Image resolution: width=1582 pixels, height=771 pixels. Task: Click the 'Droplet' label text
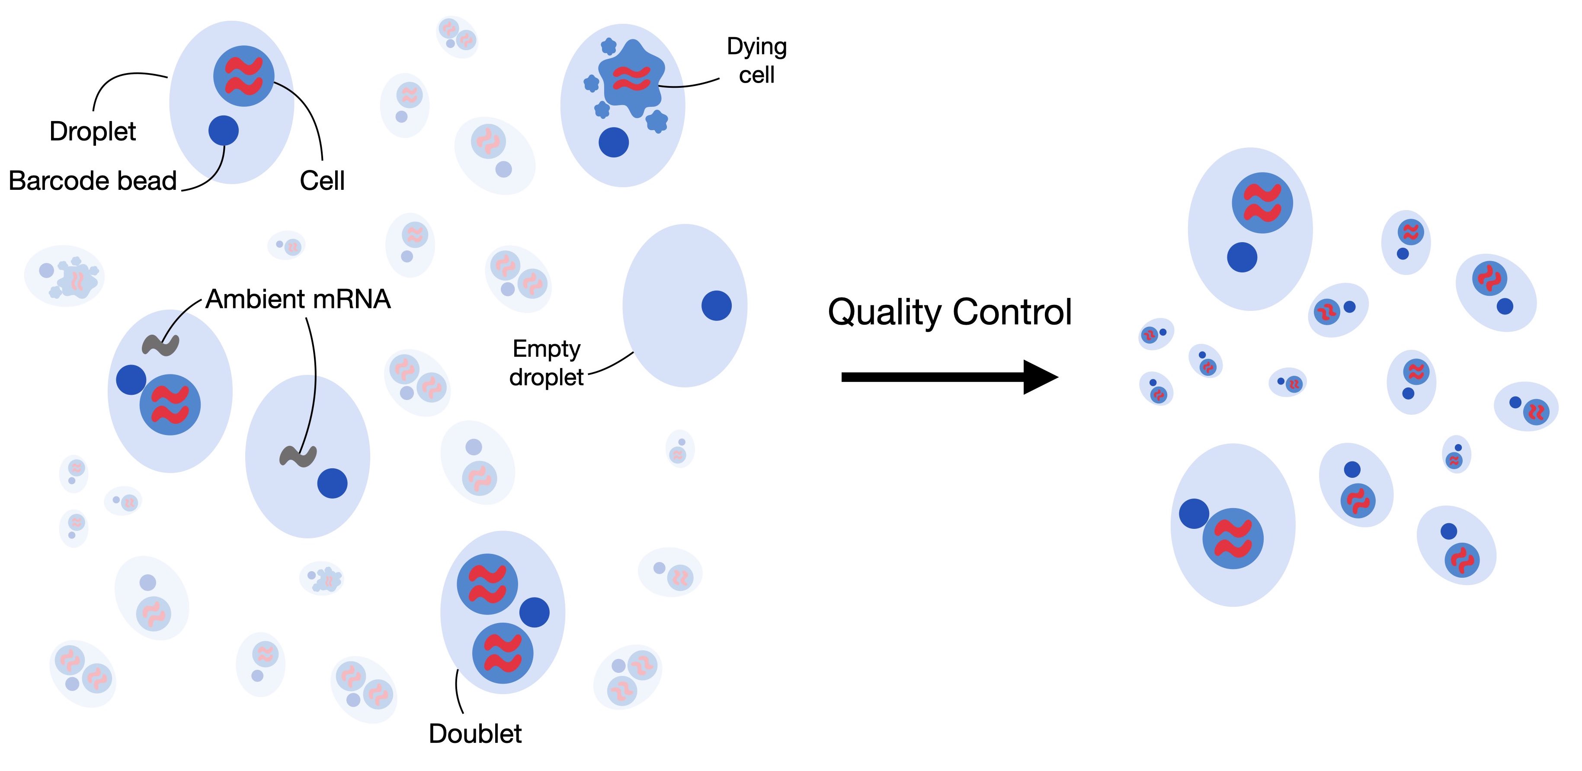pyautogui.click(x=93, y=131)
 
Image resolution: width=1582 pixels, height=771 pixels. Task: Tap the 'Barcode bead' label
pyautogui.click(x=93, y=181)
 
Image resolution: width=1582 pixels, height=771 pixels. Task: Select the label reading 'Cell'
pyautogui.click(x=322, y=181)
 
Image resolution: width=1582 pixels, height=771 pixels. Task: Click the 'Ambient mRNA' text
pyautogui.click(x=298, y=300)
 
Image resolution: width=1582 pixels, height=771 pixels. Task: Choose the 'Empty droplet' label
pyautogui.click(x=546, y=363)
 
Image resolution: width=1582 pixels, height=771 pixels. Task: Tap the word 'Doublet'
pyautogui.click(x=475, y=733)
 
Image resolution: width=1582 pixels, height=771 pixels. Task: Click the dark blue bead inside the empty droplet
pyautogui.click(x=716, y=305)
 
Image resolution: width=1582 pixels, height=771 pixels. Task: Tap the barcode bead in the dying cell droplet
pyautogui.click(x=614, y=142)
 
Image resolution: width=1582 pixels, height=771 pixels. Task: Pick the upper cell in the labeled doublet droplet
pyautogui.click(x=487, y=584)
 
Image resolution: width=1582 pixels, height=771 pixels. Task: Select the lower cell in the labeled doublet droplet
pyautogui.click(x=503, y=653)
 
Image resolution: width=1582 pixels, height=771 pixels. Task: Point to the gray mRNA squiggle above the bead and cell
pyautogui.click(x=160, y=345)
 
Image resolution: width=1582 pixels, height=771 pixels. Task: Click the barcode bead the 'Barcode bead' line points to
pyautogui.click(x=224, y=130)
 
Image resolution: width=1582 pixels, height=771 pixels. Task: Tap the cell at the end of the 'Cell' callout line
pyautogui.click(x=244, y=76)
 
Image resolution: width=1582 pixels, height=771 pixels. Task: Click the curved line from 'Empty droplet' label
pyautogui.click(x=612, y=364)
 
